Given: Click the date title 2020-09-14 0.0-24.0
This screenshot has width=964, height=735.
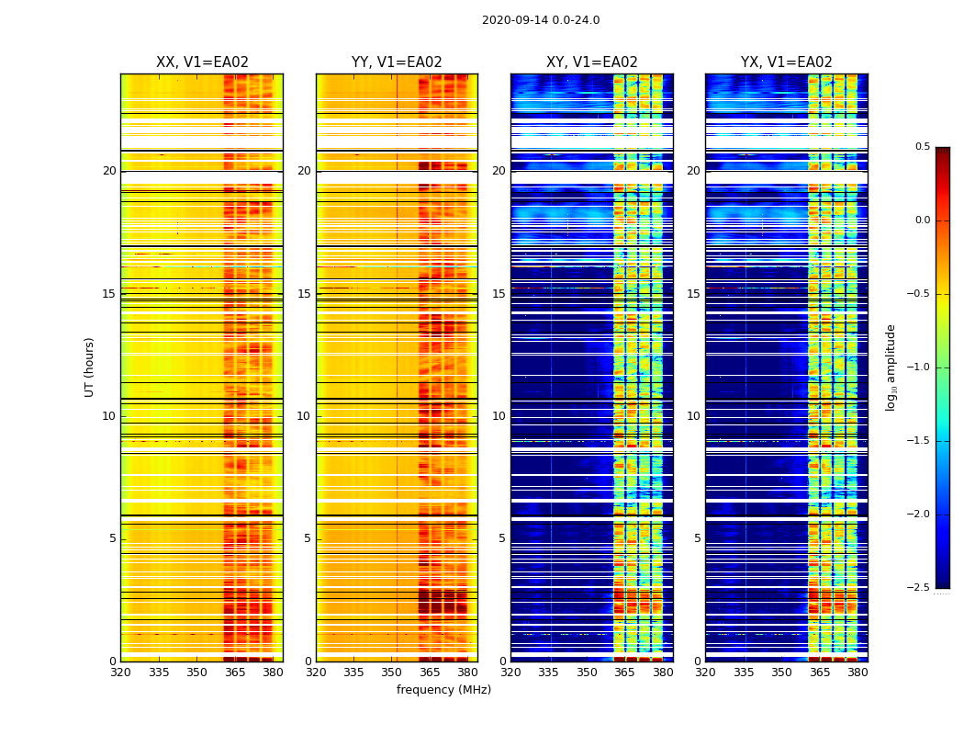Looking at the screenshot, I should click(540, 20).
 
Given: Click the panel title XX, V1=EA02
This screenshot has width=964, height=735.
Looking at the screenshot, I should click(202, 62).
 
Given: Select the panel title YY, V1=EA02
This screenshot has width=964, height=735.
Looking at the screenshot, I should click(397, 62).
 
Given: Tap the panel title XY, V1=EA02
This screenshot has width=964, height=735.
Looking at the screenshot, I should click(592, 62).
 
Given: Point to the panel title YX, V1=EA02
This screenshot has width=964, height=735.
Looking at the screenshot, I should click(787, 62).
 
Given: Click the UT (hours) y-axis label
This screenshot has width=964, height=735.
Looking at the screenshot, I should click(90, 367).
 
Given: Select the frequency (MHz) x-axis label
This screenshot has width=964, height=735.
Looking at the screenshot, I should click(443, 690).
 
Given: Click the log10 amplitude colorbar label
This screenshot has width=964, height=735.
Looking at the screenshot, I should click(891, 367).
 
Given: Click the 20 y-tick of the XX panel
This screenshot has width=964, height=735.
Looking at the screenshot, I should click(109, 171).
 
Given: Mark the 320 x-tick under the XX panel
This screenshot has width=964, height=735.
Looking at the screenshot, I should click(120, 673).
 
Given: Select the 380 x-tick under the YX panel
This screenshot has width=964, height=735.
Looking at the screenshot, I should click(858, 673).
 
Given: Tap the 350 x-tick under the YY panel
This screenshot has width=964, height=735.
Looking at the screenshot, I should click(392, 673).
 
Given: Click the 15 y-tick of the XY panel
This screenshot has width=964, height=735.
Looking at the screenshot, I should click(499, 294).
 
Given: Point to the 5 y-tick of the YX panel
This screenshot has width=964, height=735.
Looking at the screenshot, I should click(697, 538).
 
